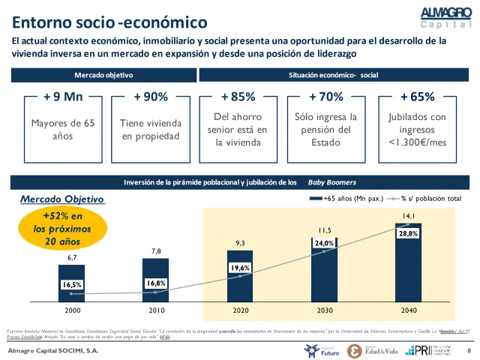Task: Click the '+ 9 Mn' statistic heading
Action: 63,97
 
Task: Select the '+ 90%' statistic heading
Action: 150,97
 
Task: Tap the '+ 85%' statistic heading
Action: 238,97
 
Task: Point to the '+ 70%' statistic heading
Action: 325,97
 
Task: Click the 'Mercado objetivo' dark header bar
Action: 103,76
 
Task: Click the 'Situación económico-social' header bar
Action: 333,76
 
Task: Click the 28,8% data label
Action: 408,233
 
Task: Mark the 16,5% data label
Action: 73,284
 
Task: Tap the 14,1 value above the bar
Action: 408,216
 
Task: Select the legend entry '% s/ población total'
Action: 431,199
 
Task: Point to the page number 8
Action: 469,350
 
